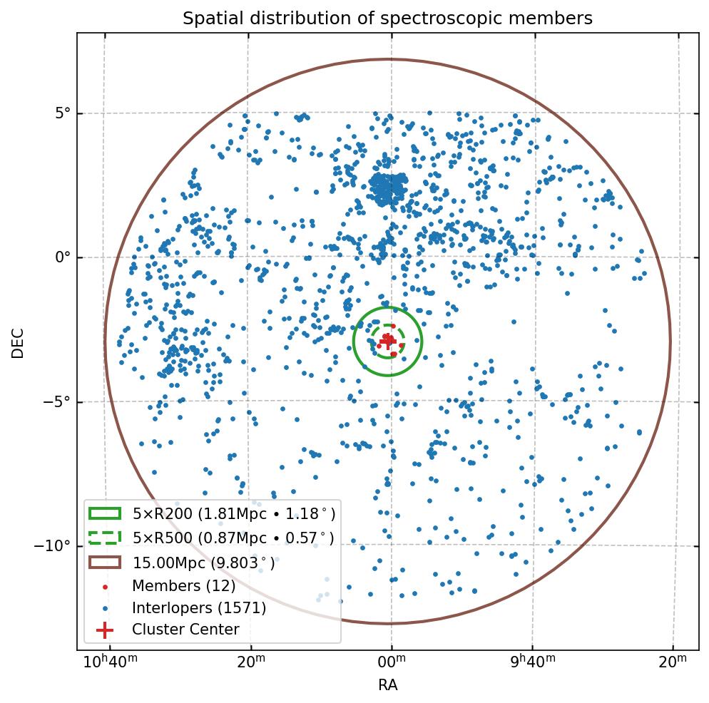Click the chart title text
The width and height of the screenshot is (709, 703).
(x=387, y=19)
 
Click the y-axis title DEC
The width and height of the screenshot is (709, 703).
(x=18, y=343)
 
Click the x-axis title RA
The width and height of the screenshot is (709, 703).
(x=387, y=685)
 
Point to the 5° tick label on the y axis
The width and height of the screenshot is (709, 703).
(x=63, y=113)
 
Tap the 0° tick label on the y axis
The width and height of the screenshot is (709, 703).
(x=63, y=257)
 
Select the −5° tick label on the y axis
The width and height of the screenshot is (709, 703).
(x=58, y=401)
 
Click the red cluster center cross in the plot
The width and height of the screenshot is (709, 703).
(x=388, y=342)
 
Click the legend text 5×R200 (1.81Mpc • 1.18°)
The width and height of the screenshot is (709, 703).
(x=233, y=513)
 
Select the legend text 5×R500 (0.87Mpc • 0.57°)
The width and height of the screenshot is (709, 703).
(x=233, y=538)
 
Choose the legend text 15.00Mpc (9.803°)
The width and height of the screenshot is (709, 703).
(x=203, y=563)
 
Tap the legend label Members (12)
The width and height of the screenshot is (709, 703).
(x=183, y=586)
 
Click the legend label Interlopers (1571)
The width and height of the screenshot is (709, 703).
(x=198, y=608)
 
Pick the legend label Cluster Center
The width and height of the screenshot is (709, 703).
(x=185, y=630)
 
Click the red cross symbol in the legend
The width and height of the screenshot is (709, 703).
(x=105, y=630)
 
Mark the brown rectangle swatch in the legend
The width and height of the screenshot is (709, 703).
(x=105, y=563)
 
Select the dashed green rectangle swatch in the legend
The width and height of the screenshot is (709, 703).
(x=105, y=538)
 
